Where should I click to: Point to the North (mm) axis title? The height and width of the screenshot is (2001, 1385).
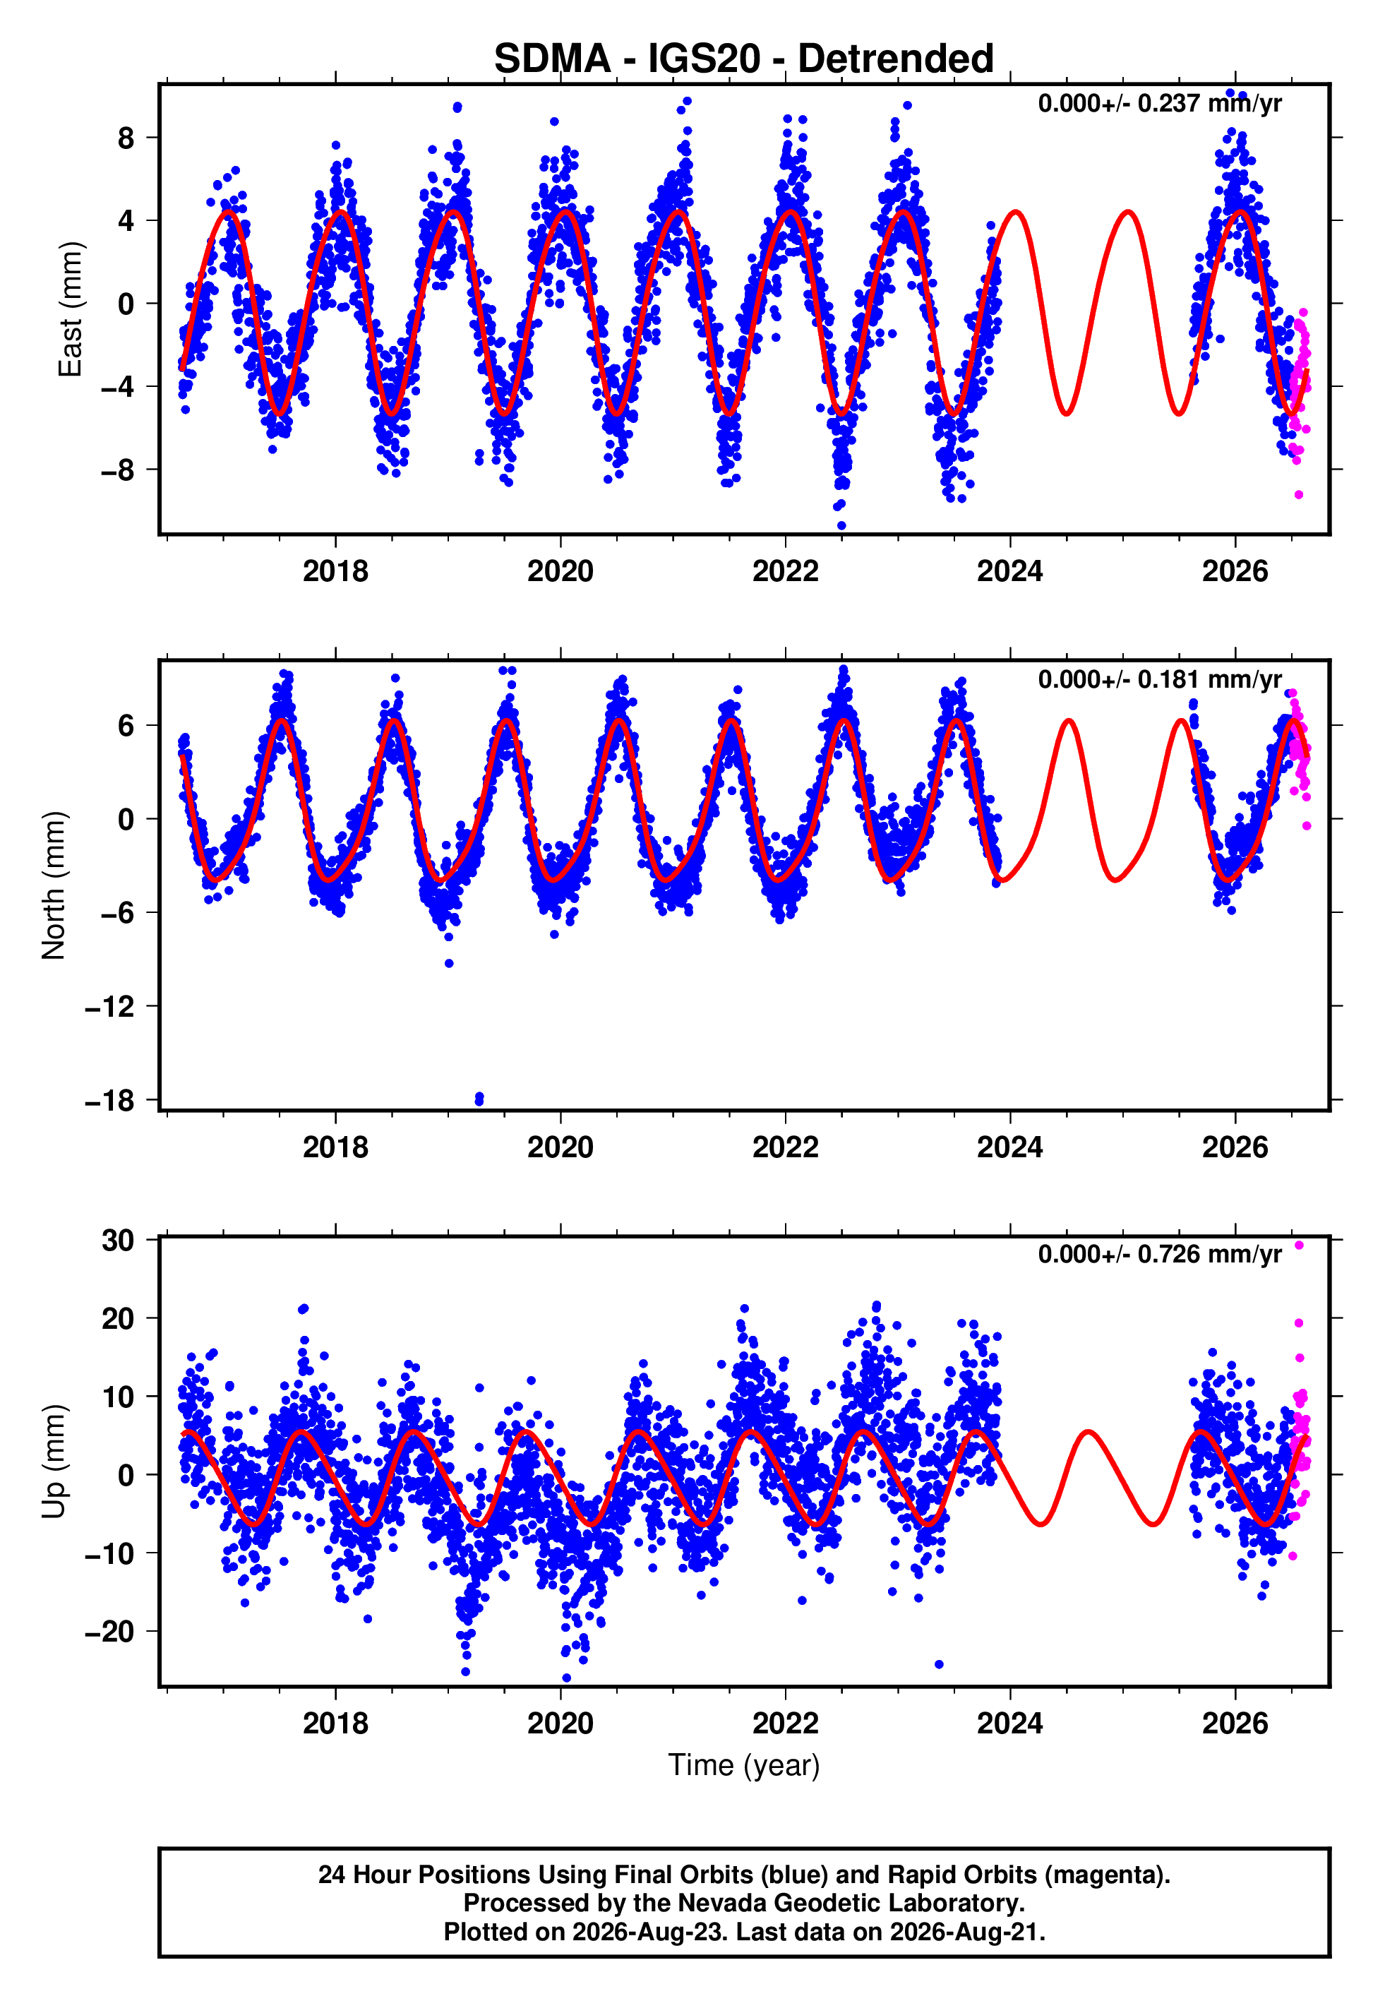point(54,885)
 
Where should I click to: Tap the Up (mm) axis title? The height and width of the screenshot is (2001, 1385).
point(54,1462)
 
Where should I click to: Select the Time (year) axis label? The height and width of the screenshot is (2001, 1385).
point(744,1766)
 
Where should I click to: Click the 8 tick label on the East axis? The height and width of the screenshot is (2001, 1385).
point(126,137)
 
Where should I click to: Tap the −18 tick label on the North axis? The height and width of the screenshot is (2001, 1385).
point(109,1100)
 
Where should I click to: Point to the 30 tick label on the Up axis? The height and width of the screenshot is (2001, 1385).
point(118,1241)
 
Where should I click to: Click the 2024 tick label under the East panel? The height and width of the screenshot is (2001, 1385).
point(1010,571)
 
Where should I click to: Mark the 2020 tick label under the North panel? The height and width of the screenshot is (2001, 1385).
point(560,1147)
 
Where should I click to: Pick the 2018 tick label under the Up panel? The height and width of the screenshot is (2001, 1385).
point(336,1724)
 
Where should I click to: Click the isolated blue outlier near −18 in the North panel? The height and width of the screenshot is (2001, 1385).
point(479,1099)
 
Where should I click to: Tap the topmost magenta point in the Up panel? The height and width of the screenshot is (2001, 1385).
point(1299,1246)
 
